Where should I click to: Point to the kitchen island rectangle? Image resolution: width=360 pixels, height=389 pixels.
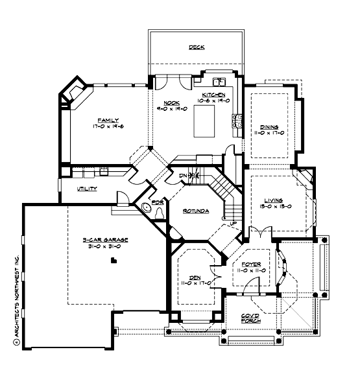[x=204, y=122]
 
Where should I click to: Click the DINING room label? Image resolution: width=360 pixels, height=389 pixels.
[x=269, y=127]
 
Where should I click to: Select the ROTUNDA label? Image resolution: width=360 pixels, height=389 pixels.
[x=195, y=211]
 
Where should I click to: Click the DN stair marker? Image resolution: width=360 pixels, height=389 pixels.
[x=184, y=175]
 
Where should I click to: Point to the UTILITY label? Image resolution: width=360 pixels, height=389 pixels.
[x=87, y=189]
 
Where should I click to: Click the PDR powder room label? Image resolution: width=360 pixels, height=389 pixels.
[x=157, y=202]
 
